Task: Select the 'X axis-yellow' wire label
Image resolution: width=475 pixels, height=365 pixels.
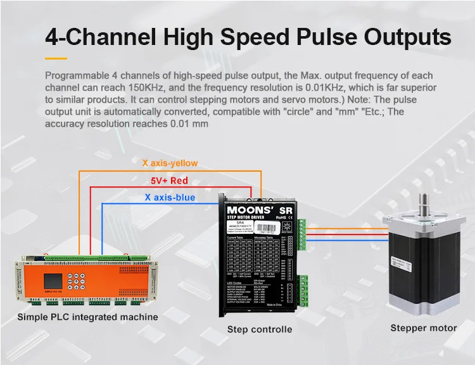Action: (x=170, y=163)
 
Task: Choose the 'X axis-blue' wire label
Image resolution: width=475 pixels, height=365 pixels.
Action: (x=170, y=197)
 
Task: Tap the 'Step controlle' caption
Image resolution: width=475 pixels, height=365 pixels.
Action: (x=260, y=329)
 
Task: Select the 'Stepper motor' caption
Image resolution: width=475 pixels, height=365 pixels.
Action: (x=423, y=328)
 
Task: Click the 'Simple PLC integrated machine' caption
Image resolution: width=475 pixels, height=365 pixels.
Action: (x=87, y=316)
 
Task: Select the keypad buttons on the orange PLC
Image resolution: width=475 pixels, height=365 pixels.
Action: (x=77, y=281)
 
